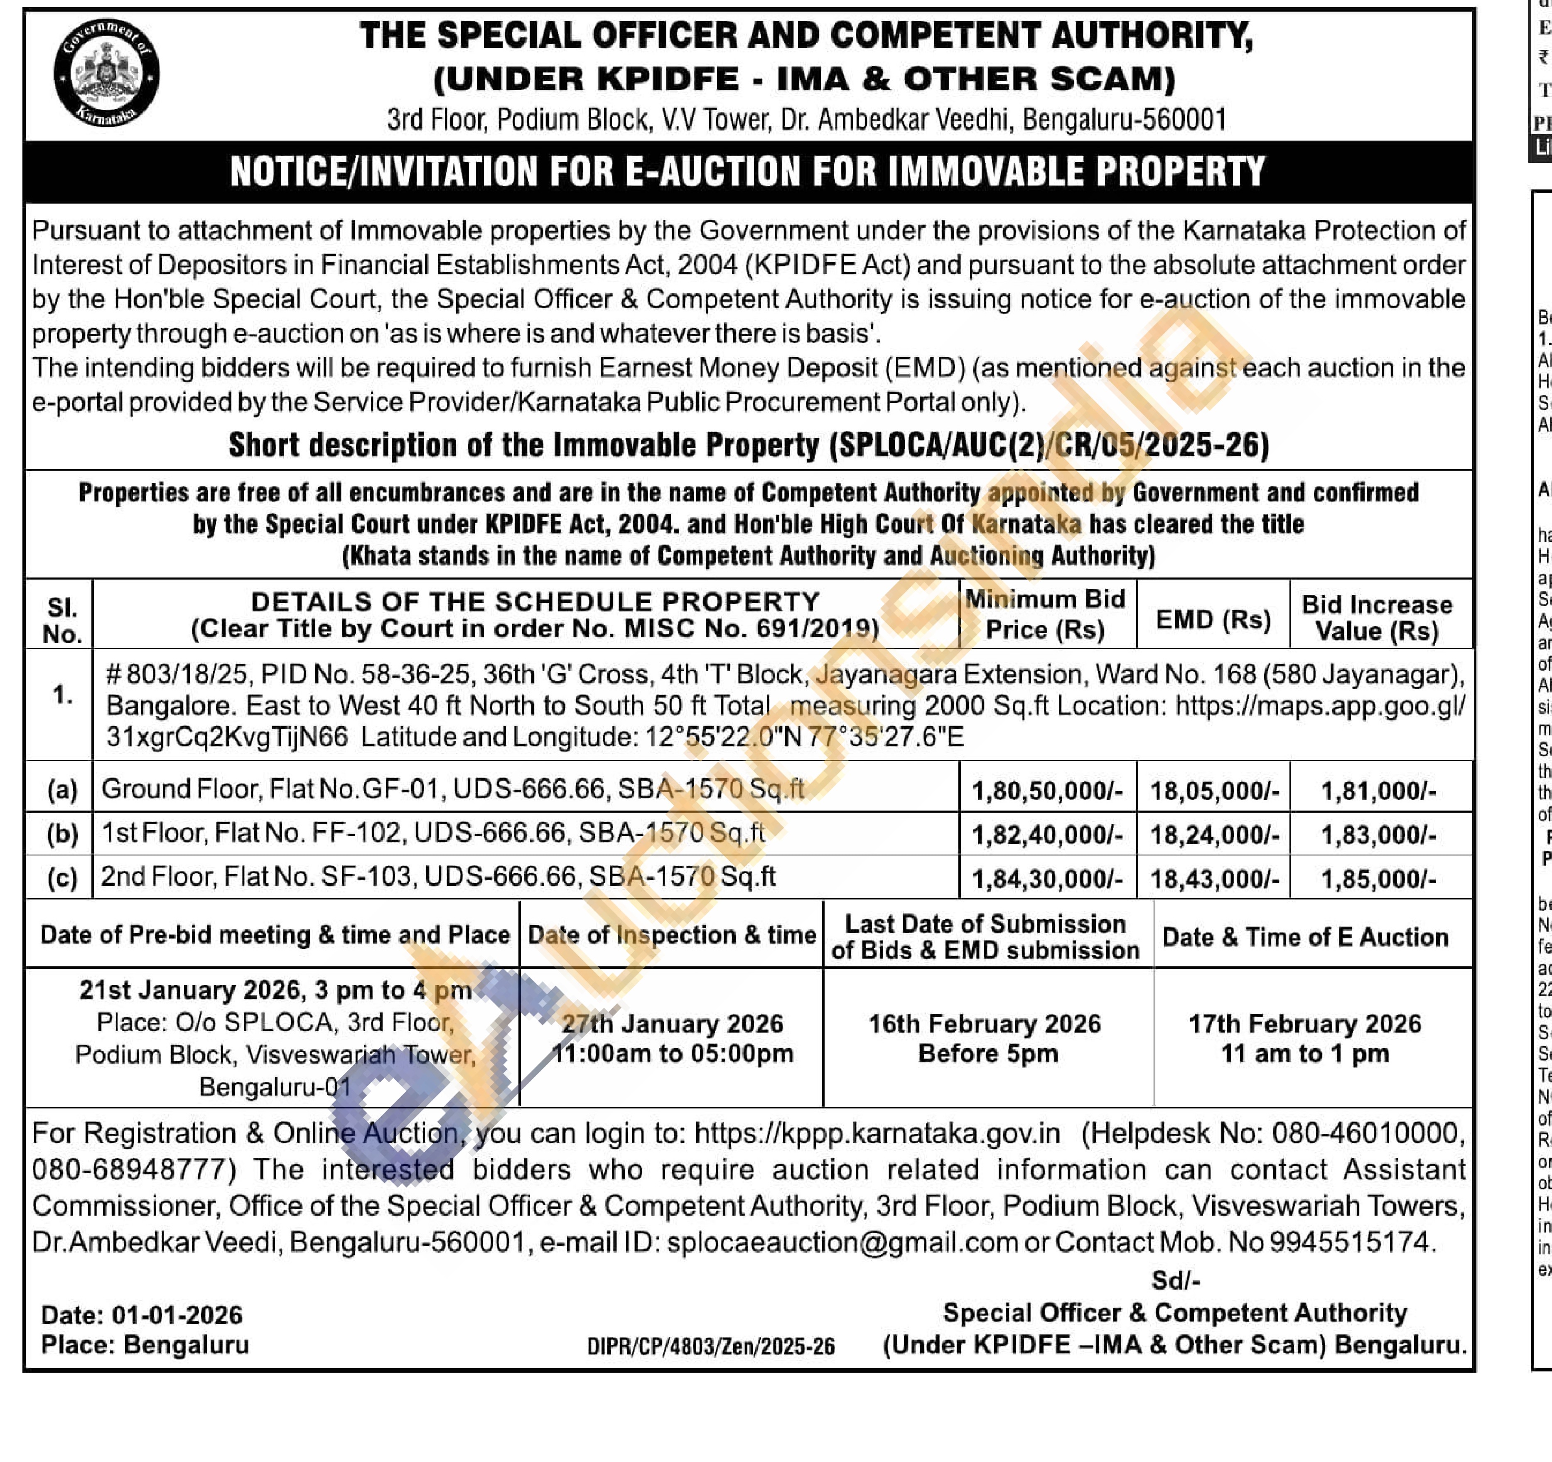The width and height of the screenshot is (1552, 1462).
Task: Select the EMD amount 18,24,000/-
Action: point(1214,835)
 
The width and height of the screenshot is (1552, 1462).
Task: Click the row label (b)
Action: point(62,834)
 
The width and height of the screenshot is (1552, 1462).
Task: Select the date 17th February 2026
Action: point(1304,1023)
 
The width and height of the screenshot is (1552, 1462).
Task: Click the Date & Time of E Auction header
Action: point(1304,937)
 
